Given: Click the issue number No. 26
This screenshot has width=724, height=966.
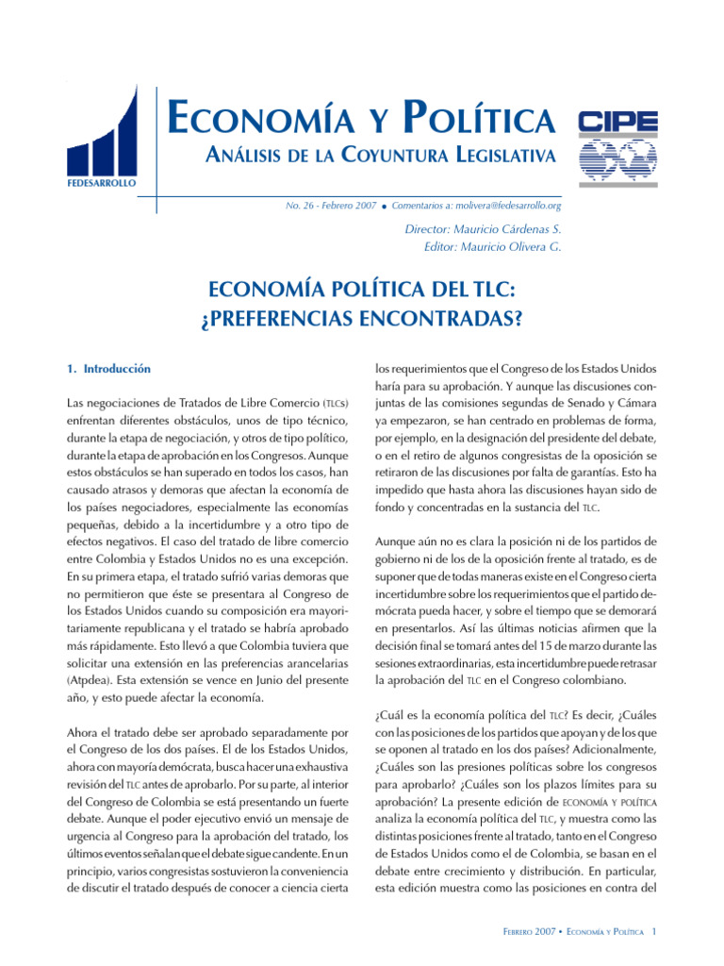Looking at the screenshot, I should pos(301,205).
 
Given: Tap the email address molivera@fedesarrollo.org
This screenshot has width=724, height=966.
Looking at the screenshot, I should pos(510,205).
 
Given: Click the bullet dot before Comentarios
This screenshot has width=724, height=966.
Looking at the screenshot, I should pos(386,206).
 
